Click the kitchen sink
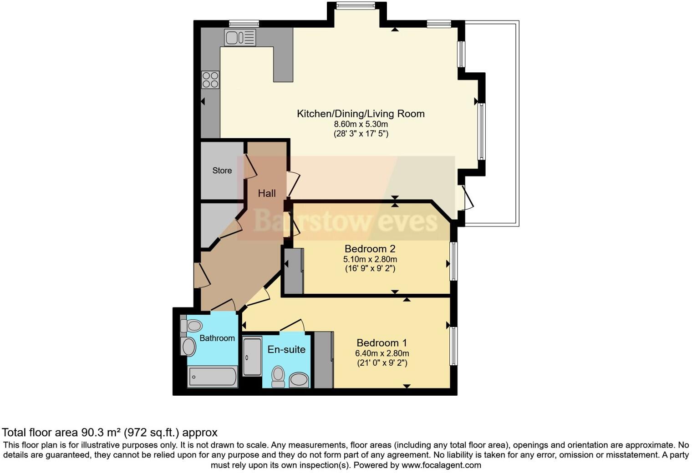pyautogui.click(x=239, y=37)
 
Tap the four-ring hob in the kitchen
pyautogui.click(x=210, y=80)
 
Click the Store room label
pyautogui.click(x=222, y=171)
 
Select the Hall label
pyautogui.click(x=267, y=193)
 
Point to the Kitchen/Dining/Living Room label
pyautogui.click(x=361, y=114)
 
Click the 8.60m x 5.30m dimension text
pyautogui.click(x=361, y=124)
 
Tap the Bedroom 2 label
pyautogui.click(x=370, y=249)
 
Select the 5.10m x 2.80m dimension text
pyautogui.click(x=370, y=259)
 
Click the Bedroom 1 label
pyautogui.click(x=382, y=343)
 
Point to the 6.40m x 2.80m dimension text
pyautogui.click(x=382, y=353)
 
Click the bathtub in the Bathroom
pyautogui.click(x=213, y=377)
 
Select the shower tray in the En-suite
pyautogui.click(x=252, y=356)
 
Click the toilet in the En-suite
pyautogui.click(x=278, y=377)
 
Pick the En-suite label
pyautogui.click(x=286, y=349)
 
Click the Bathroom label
pyautogui.click(x=217, y=338)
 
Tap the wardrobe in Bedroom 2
pyautogui.click(x=294, y=271)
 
